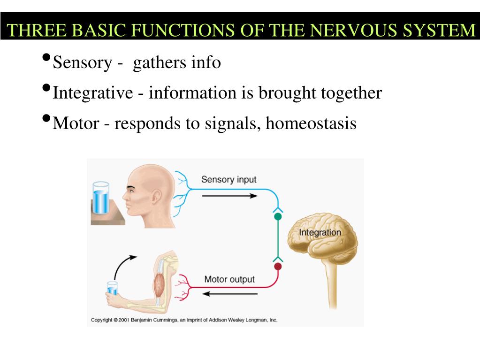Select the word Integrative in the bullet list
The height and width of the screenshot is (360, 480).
click(92, 93)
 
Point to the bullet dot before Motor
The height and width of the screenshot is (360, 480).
click(46, 118)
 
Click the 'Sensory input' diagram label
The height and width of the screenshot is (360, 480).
click(229, 179)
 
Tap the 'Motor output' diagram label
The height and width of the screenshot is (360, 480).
click(229, 279)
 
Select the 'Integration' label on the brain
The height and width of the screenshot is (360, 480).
click(320, 232)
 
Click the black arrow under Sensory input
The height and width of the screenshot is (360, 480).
click(229, 196)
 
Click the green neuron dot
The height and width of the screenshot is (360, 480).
click(278, 216)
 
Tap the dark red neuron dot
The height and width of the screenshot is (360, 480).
click(278, 267)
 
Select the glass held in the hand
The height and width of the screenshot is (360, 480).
click(112, 288)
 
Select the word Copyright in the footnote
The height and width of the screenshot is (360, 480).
click(101, 320)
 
